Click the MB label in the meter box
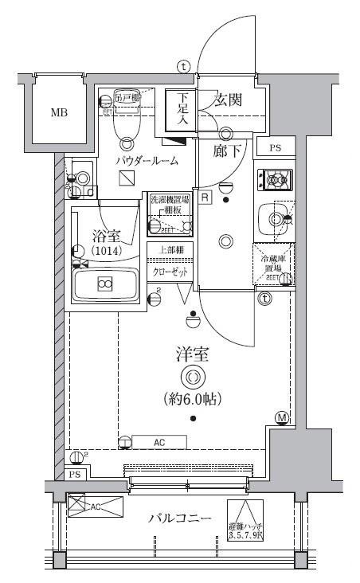point(59,112)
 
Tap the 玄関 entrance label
point(229,101)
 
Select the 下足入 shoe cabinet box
point(180,112)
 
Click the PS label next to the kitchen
point(275,148)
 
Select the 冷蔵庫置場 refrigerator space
point(272,264)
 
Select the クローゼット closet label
point(170,272)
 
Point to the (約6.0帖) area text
point(191,398)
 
